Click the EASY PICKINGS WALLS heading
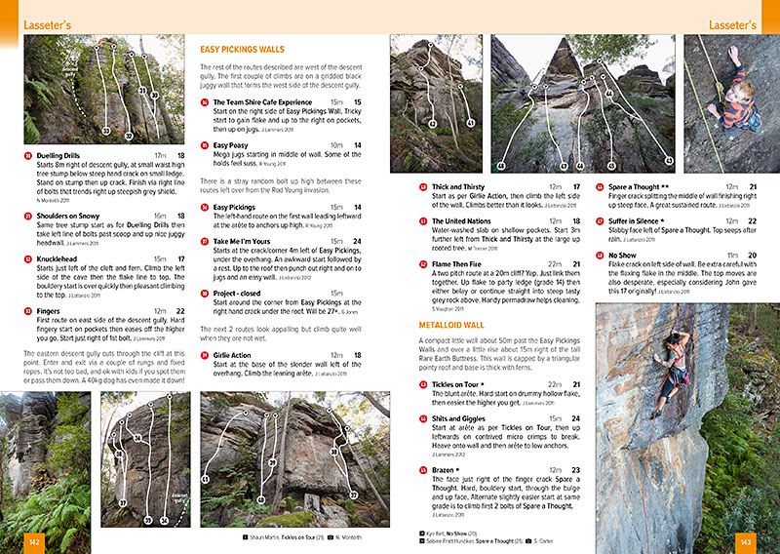pyautogui.click(x=242, y=48)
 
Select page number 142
pyautogui.click(x=33, y=542)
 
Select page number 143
pyautogui.click(x=746, y=542)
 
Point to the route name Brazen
pyautogui.click(x=448, y=470)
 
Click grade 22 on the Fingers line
pyautogui.click(x=179, y=311)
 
